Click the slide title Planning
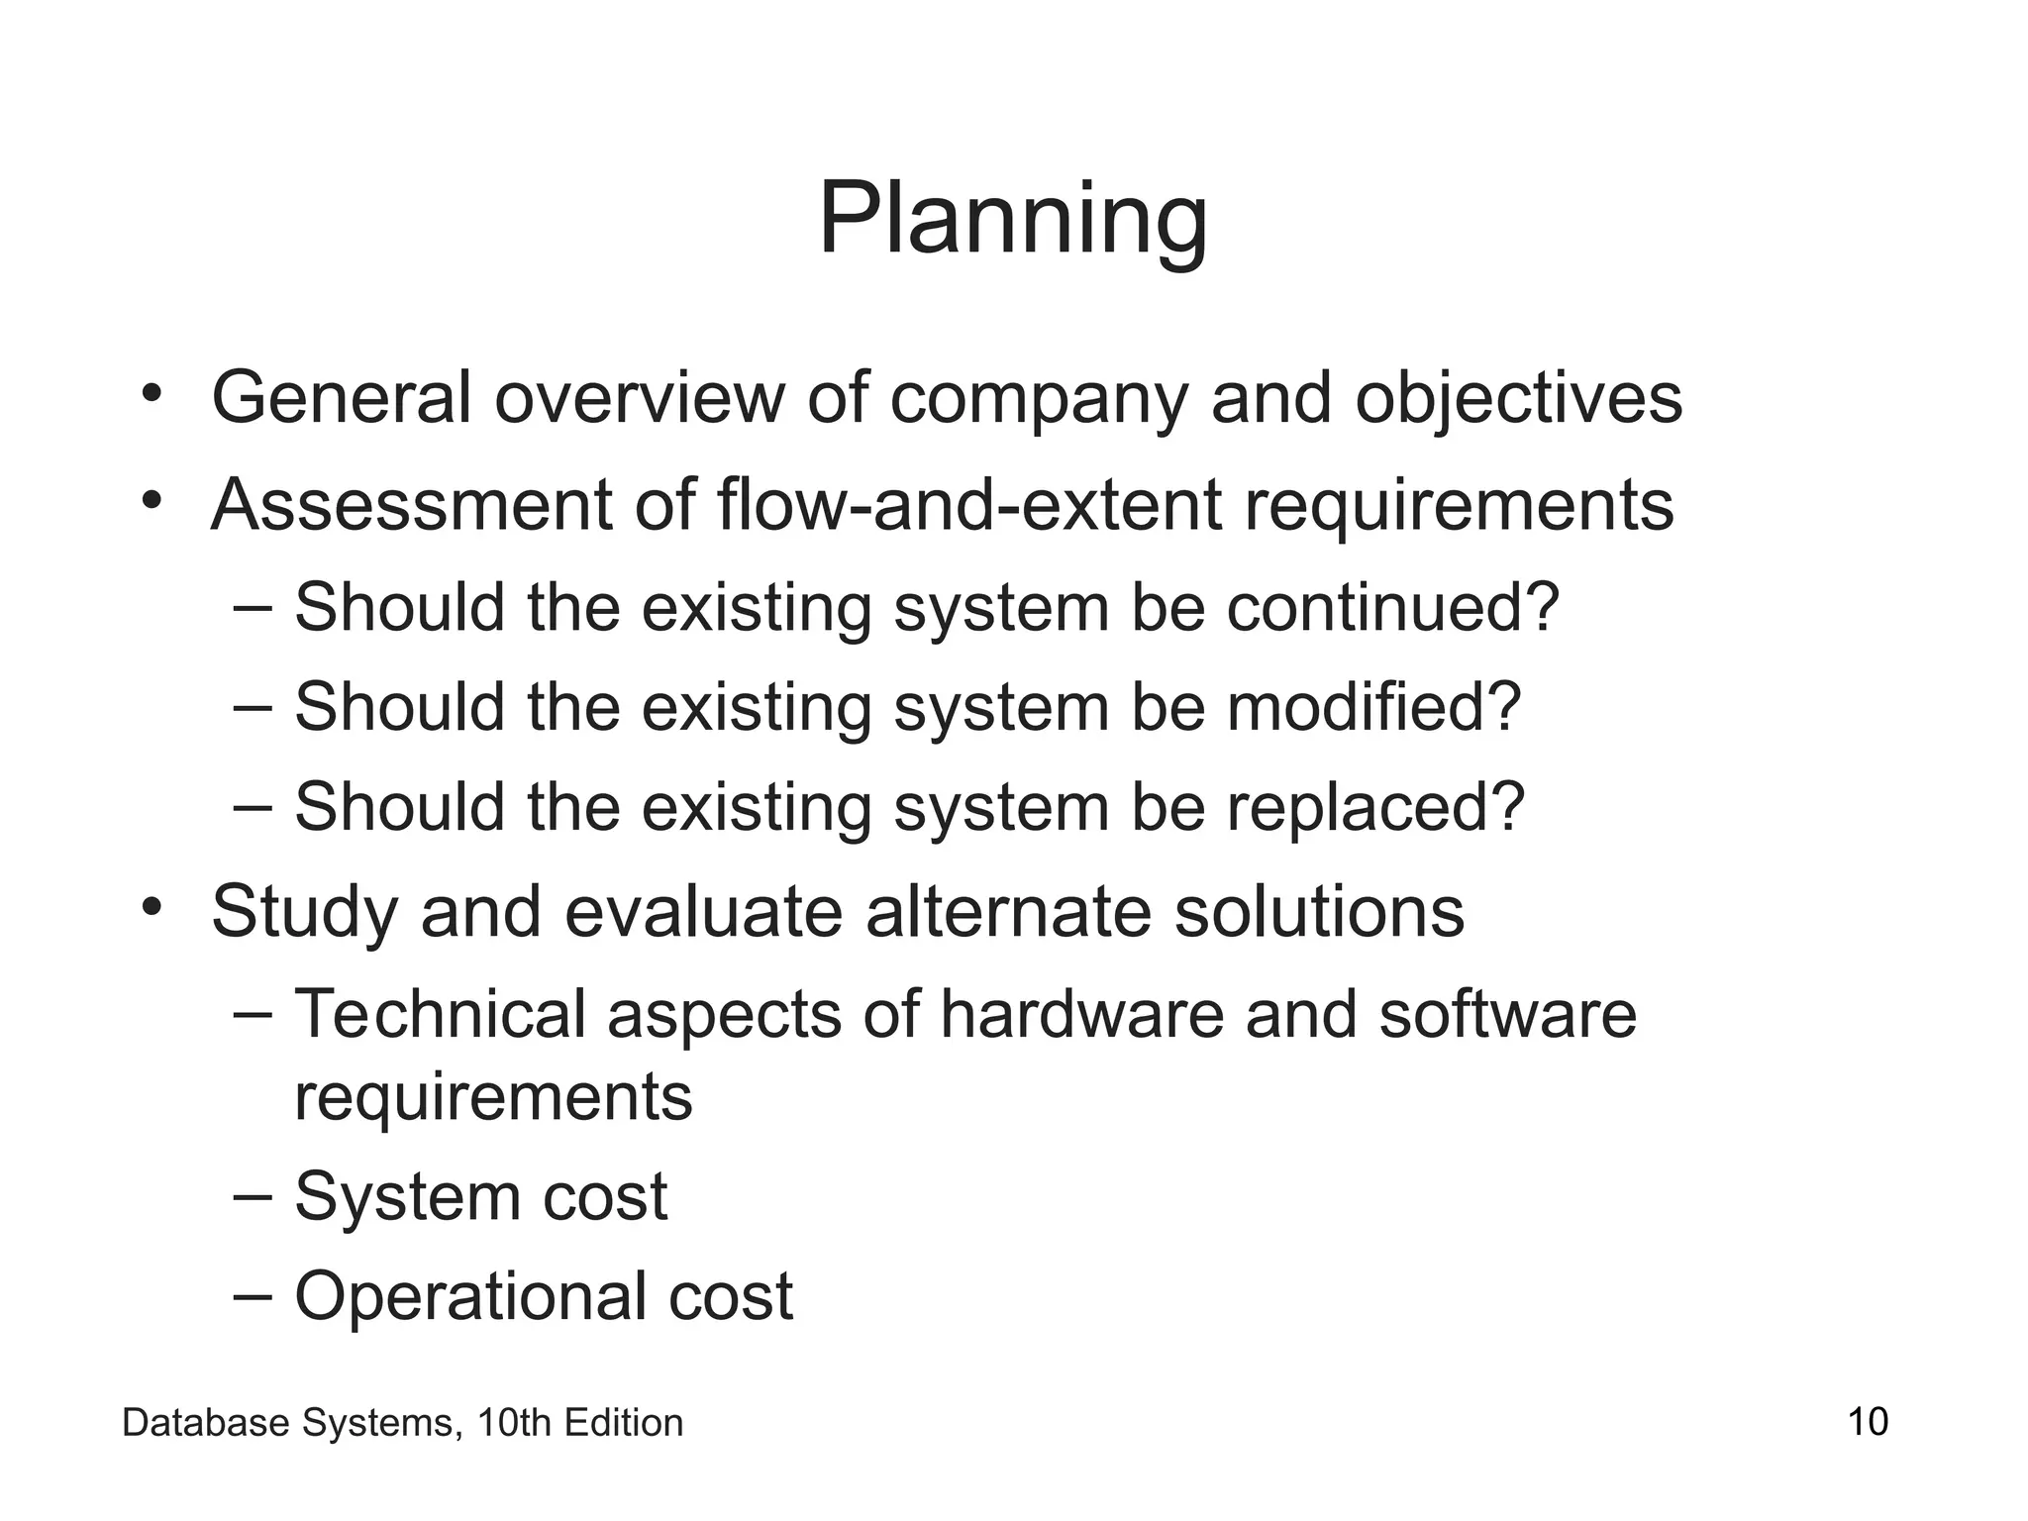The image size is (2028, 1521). (x=1012, y=220)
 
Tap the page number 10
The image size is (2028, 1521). (x=1868, y=1422)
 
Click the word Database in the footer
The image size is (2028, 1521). (x=206, y=1423)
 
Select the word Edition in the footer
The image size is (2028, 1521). (x=623, y=1423)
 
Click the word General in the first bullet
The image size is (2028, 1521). (x=341, y=398)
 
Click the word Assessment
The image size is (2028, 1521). (x=411, y=505)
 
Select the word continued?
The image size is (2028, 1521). (x=1393, y=607)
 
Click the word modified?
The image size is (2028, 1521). (x=1373, y=707)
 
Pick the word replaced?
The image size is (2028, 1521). (x=1375, y=808)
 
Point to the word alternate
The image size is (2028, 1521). (x=1008, y=911)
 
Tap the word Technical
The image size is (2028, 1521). (x=440, y=1014)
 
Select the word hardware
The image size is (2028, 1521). (x=1081, y=1014)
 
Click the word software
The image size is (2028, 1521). (x=1507, y=1014)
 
